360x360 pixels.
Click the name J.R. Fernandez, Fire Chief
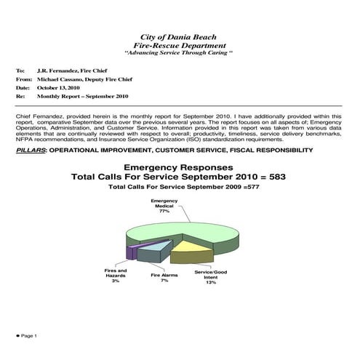point(73,71)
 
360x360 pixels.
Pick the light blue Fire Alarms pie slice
point(153,252)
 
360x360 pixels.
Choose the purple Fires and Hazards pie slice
point(132,252)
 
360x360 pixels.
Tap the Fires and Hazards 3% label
point(116,274)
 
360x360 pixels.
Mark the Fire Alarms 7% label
point(164,278)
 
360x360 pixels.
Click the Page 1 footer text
point(28,336)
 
